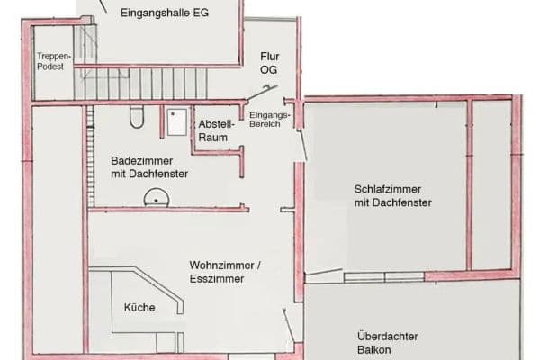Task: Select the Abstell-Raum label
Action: pos(215,130)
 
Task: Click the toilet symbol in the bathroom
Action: pos(137,117)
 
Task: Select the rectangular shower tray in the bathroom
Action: pos(175,121)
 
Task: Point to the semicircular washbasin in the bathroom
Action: pos(158,195)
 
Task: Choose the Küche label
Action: pos(139,308)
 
